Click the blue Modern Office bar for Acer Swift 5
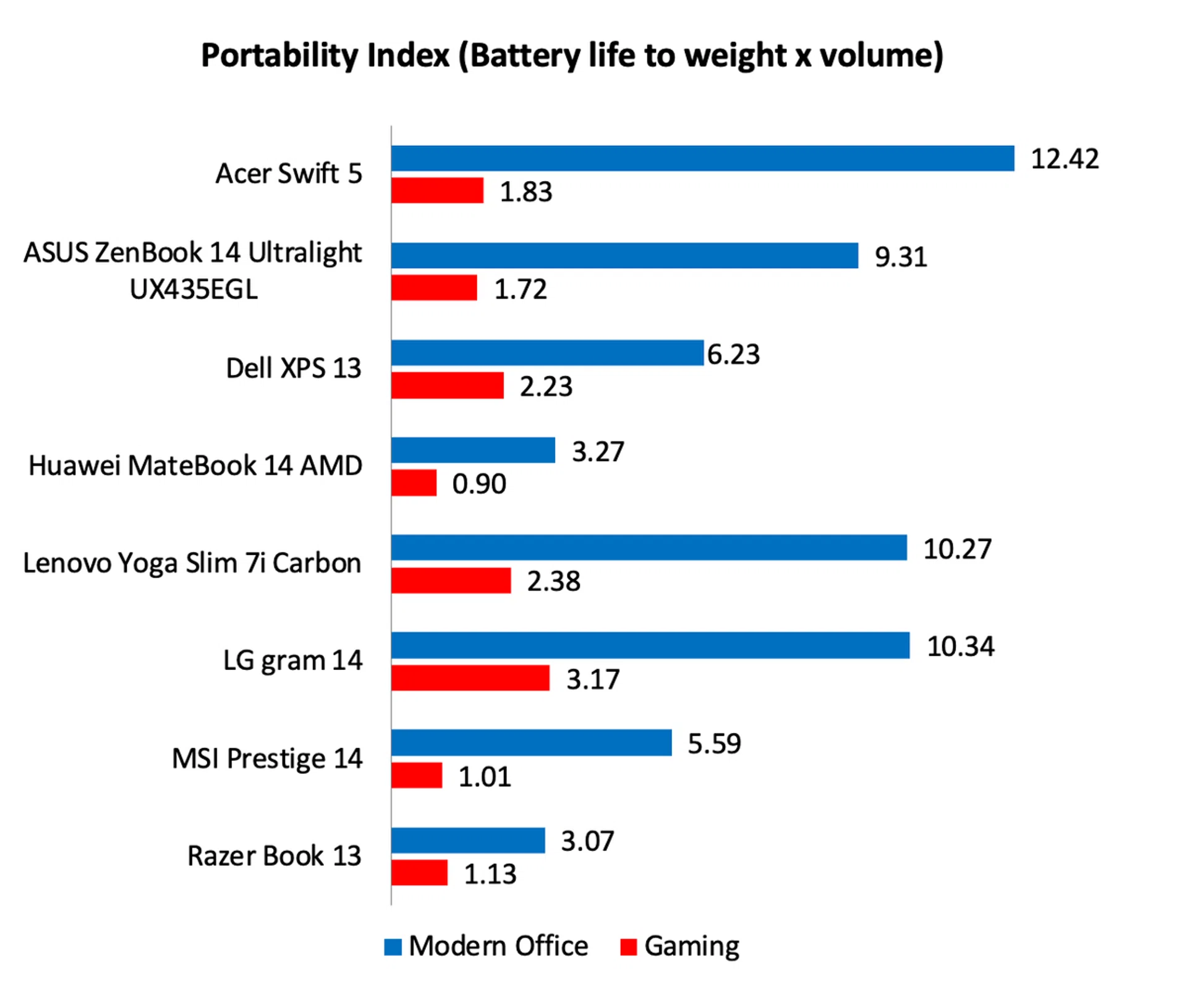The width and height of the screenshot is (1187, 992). (702, 158)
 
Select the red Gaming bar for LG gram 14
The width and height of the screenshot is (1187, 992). (470, 678)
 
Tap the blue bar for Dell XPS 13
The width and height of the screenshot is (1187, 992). (547, 353)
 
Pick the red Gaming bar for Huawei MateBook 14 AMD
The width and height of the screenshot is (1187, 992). (414, 483)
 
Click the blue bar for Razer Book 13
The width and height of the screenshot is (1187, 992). (468, 841)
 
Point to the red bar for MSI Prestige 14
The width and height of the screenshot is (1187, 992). (417, 775)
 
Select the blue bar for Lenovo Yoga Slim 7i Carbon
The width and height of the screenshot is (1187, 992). (649, 548)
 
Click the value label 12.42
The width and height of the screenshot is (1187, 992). (1065, 159)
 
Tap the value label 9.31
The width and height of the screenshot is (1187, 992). (901, 256)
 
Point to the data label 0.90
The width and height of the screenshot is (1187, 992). (479, 483)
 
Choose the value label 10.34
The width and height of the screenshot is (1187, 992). (961, 646)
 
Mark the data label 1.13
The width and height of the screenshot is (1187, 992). (490, 874)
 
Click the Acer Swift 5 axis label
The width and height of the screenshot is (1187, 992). (288, 174)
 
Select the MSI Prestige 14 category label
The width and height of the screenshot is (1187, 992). (266, 758)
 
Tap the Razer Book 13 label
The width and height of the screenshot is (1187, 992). (274, 856)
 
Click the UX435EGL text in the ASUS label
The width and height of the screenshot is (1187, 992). (194, 289)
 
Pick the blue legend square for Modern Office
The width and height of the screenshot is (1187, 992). (393, 946)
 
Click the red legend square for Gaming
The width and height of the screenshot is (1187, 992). (628, 946)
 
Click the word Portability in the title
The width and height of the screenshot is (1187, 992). (282, 56)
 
